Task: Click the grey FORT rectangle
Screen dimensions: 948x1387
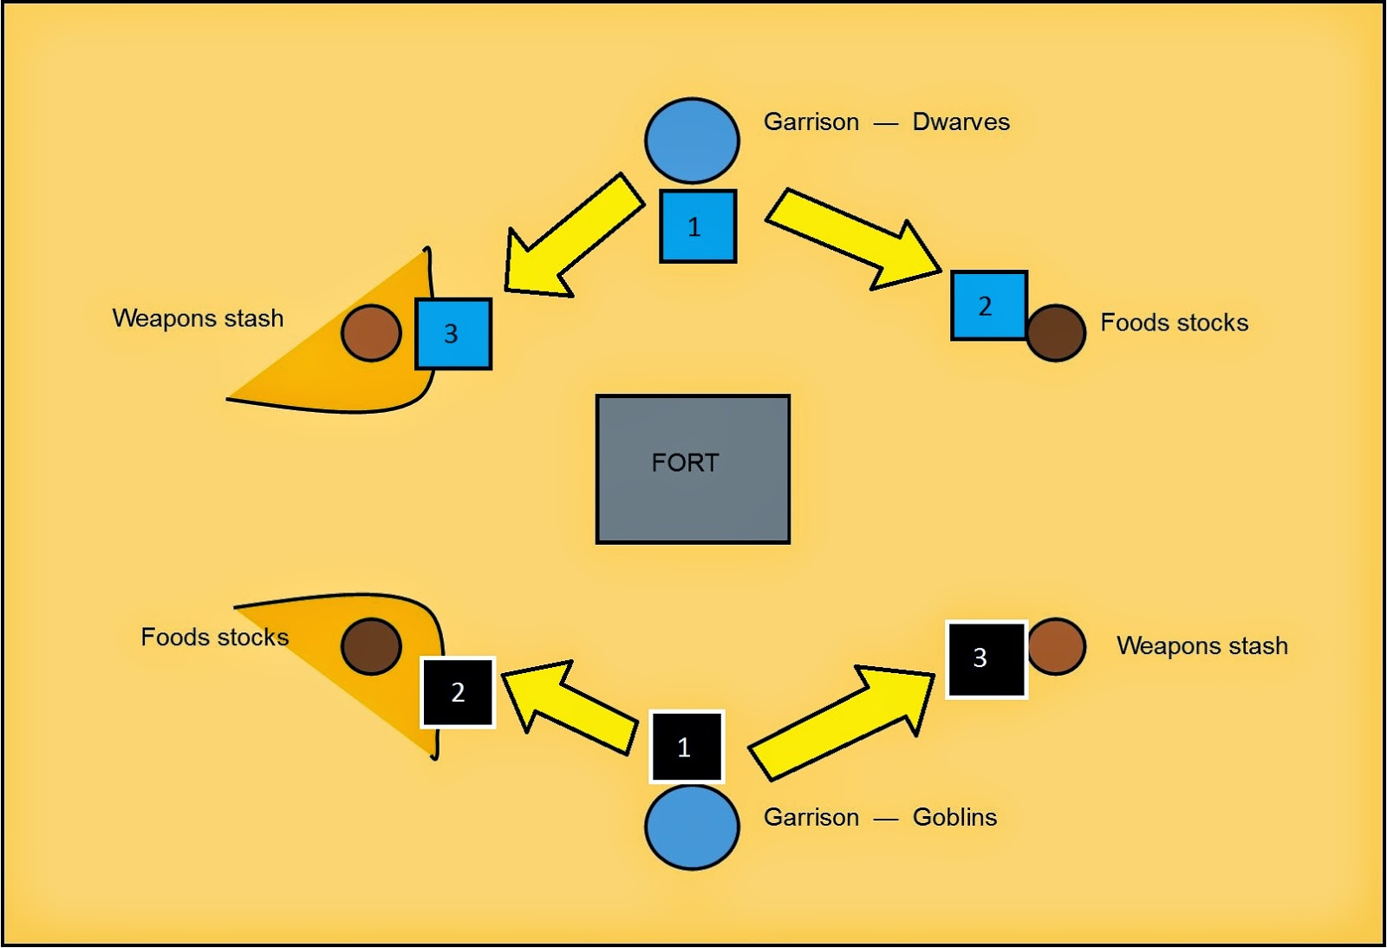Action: (693, 469)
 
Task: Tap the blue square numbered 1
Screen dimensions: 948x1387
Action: (698, 226)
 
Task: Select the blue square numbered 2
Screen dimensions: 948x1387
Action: (988, 305)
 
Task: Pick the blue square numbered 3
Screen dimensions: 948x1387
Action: (453, 334)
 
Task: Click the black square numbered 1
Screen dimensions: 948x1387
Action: (687, 747)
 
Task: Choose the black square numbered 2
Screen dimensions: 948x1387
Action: (458, 692)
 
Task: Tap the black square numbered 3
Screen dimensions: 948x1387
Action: (986, 659)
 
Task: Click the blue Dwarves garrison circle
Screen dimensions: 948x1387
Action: (692, 141)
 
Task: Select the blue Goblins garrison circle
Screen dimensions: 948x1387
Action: (692, 827)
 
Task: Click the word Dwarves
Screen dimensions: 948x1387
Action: (960, 122)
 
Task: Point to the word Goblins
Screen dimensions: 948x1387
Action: (954, 817)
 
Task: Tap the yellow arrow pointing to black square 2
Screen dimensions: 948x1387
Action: (568, 704)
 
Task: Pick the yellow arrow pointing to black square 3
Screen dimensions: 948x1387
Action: (845, 720)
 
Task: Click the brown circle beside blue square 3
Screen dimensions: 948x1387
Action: (371, 333)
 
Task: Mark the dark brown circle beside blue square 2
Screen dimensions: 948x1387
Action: (1056, 333)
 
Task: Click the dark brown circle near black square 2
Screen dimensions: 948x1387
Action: (371, 646)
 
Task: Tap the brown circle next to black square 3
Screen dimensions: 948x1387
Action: (1056, 646)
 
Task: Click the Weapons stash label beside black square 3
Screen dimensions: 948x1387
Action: (1201, 646)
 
